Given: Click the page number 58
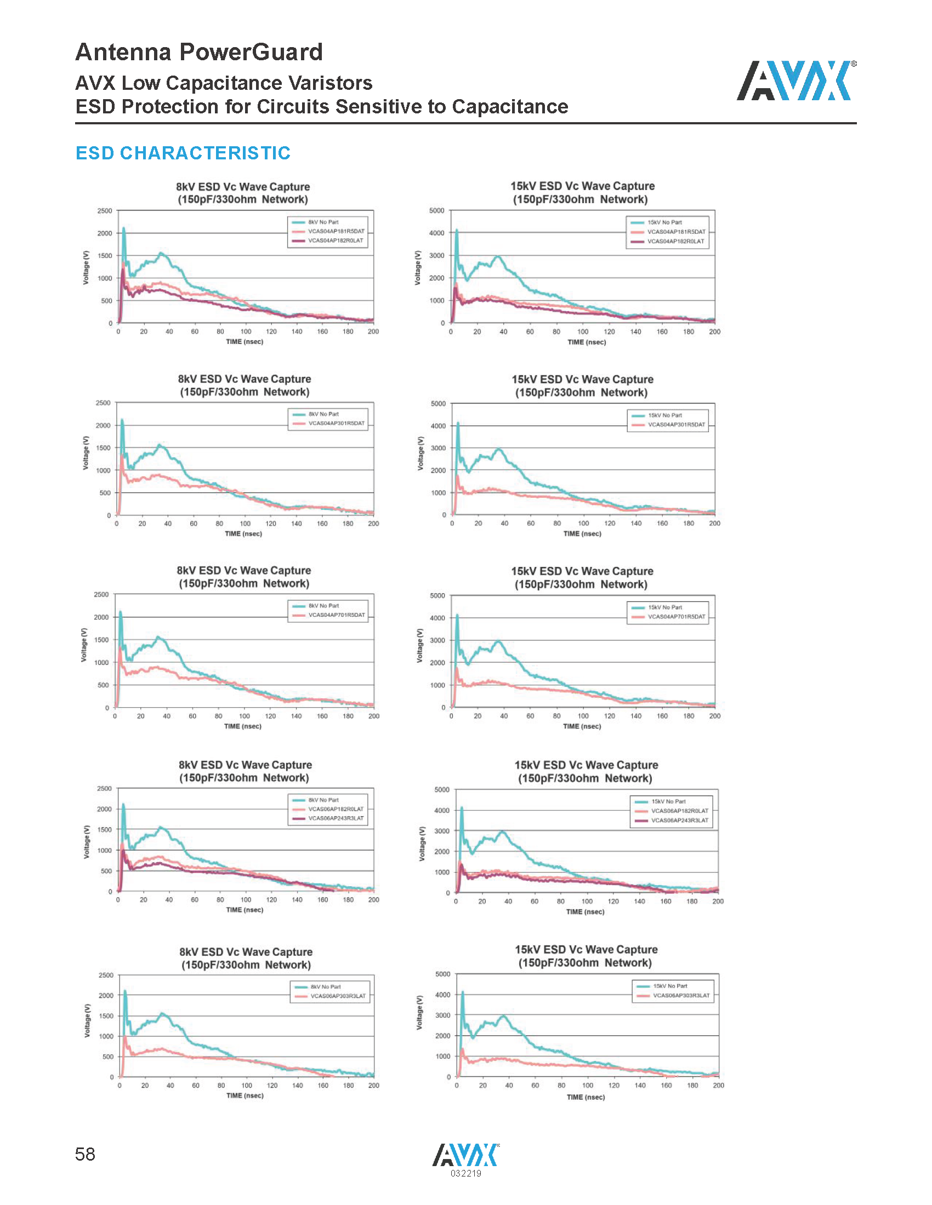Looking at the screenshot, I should tap(85, 1154).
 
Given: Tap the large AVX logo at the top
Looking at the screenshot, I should tap(796, 81).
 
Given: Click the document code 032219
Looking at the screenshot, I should tap(465, 1174).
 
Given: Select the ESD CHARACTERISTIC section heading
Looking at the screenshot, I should tap(183, 153).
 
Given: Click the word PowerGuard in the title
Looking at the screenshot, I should tap(251, 53).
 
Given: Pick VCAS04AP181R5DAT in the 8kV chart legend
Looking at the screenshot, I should tap(336, 232).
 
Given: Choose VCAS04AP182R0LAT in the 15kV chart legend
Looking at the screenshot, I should tap(676, 242).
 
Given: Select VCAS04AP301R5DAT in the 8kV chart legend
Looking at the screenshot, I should tap(336, 424).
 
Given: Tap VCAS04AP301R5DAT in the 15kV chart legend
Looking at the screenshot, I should tap(677, 425).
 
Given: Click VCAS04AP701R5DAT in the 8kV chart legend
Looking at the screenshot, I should tap(336, 615).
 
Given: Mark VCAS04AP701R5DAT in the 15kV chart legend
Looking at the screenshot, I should tap(677, 617).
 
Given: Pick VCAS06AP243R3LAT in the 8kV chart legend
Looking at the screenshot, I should tap(336, 819).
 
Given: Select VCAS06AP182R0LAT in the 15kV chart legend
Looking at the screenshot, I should tap(680, 811).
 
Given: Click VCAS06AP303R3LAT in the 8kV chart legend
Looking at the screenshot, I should tap(338, 996).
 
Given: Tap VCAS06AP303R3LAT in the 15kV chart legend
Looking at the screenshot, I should tap(681, 996).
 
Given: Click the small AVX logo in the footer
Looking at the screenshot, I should tap(465, 1155).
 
